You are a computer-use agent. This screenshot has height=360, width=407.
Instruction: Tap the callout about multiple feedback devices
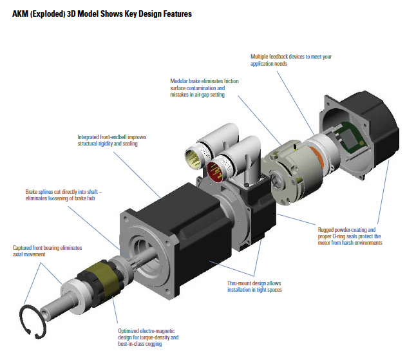(291, 61)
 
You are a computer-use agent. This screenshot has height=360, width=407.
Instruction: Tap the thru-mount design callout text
(254, 287)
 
